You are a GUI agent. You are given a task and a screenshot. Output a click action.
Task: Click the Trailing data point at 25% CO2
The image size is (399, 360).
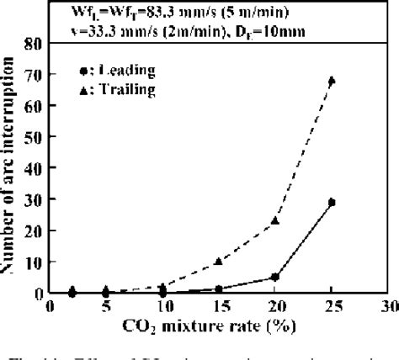click(332, 81)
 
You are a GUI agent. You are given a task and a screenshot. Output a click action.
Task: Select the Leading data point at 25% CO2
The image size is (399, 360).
click(332, 203)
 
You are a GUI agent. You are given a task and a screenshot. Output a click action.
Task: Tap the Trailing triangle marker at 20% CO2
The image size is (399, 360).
click(275, 220)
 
